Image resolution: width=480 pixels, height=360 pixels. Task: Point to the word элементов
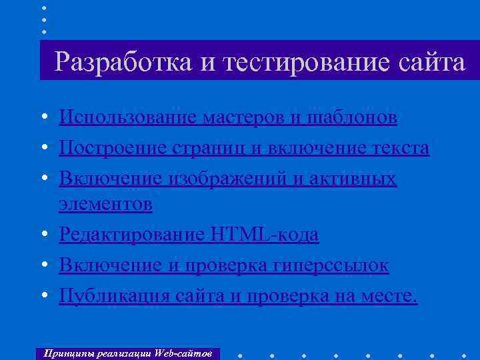tap(105, 205)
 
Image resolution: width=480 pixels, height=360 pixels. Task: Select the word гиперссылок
tap(331, 265)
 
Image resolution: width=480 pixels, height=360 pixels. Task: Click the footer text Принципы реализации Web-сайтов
tap(127, 353)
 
